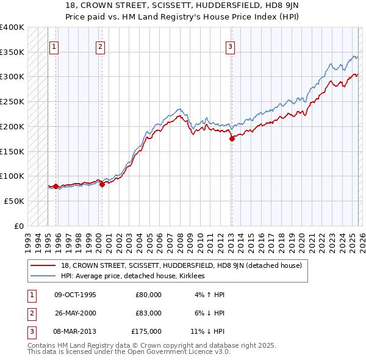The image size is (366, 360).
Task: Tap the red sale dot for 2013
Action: (x=232, y=139)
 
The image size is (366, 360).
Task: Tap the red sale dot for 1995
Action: (x=56, y=186)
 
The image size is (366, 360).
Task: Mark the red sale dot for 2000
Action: (x=102, y=185)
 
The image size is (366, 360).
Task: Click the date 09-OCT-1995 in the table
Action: (x=75, y=295)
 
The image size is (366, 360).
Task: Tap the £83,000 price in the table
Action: (x=148, y=313)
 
